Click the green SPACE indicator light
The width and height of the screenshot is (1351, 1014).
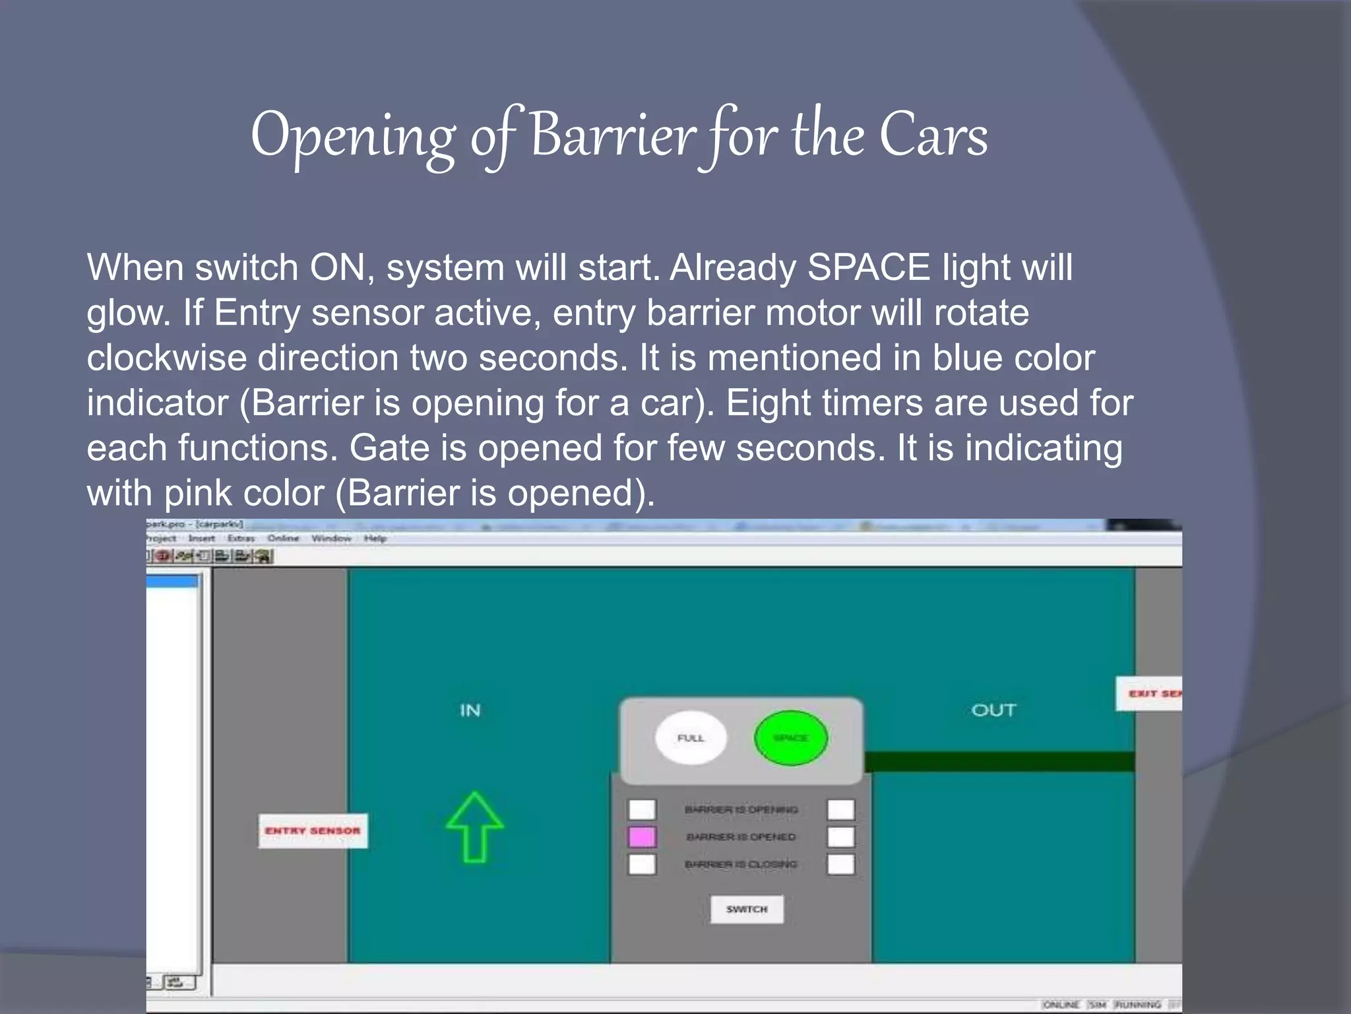coord(790,737)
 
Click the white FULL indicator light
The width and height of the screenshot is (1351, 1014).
coord(691,737)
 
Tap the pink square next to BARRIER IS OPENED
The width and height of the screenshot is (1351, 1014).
coord(642,837)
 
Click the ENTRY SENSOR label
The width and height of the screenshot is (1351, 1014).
coord(313,830)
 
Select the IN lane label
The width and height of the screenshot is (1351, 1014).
coord(470,710)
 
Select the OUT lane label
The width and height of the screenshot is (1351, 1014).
coord(993,710)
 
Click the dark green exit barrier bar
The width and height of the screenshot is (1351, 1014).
coord(999,762)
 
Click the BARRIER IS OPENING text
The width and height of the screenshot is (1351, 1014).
coord(741,809)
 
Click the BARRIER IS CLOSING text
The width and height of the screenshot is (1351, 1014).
coord(741,864)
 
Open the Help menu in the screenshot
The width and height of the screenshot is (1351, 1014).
coord(375,539)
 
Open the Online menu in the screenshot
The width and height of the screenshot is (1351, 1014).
coord(283,539)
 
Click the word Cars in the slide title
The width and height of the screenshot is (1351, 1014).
coord(933,135)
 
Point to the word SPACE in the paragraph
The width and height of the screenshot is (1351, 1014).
coord(868,267)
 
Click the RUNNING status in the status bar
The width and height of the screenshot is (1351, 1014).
coord(1137,1005)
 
